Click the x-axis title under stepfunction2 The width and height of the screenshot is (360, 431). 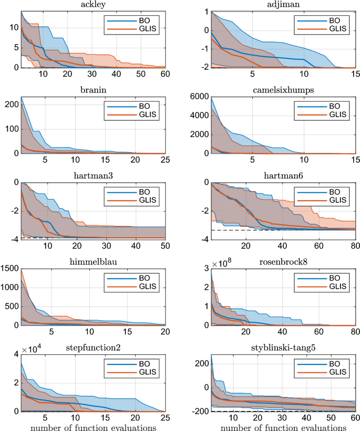pos(93,426)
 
